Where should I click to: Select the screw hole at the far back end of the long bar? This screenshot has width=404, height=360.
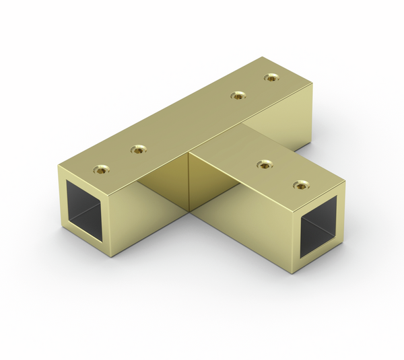pos(271,77)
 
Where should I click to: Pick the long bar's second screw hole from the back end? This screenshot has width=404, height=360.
pos(236,96)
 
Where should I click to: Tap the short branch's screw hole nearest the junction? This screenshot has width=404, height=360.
pos(265,164)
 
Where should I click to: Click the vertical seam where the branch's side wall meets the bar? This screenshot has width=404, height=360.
pos(189,182)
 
